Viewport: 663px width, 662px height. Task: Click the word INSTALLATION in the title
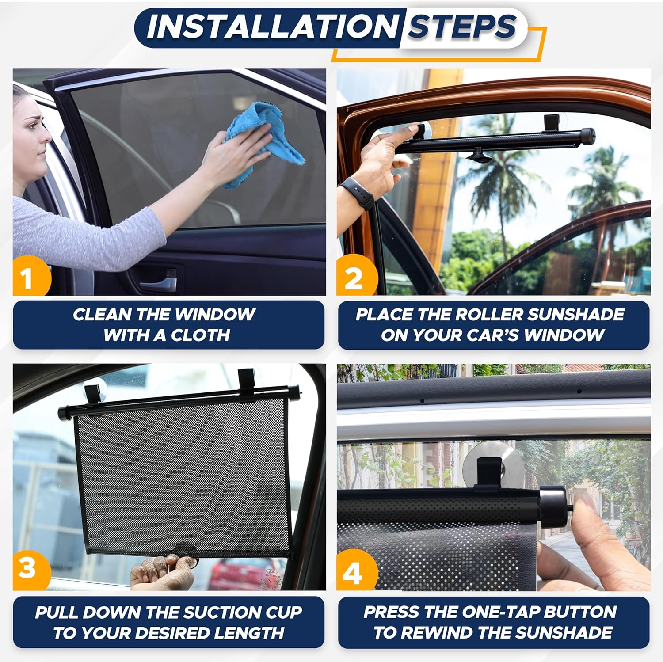(x=272, y=27)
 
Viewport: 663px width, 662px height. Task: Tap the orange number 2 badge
(x=354, y=278)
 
